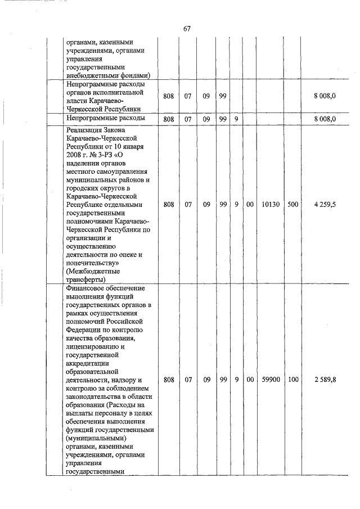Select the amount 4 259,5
(x=325, y=205)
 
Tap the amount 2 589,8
(x=325, y=380)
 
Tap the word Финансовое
(x=86, y=288)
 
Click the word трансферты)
(x=85, y=280)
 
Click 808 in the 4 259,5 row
(x=168, y=205)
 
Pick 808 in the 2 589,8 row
(x=168, y=380)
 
